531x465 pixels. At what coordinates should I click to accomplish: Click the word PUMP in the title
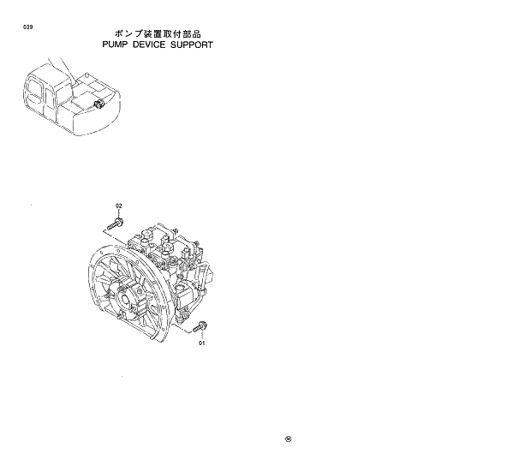(116, 44)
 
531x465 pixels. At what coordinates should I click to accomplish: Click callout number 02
(119, 206)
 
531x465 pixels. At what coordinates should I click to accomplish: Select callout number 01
(203, 343)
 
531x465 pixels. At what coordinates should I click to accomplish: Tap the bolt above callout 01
(201, 326)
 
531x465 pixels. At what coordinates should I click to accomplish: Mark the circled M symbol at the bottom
(288, 440)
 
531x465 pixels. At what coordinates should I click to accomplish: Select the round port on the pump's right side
(208, 272)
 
